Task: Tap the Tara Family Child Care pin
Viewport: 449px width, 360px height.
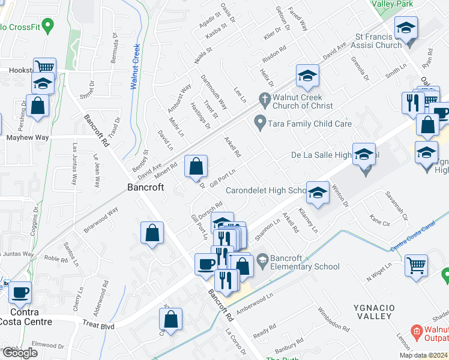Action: click(x=260, y=123)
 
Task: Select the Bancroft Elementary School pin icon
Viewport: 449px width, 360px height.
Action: click(x=262, y=260)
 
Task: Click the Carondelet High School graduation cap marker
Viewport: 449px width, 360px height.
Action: click(x=318, y=193)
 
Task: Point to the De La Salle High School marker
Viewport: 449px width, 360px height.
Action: click(x=364, y=155)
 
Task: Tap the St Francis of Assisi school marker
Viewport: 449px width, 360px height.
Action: click(x=406, y=28)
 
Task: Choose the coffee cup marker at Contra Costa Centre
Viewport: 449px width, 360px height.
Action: click(x=20, y=293)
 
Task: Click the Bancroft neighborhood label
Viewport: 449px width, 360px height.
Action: click(x=145, y=187)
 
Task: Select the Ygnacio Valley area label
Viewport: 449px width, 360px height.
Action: click(x=373, y=311)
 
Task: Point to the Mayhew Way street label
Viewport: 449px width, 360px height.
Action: click(x=27, y=137)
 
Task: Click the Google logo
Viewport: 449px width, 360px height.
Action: click(x=19, y=352)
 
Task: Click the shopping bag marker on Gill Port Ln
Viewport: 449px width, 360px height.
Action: click(x=196, y=167)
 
